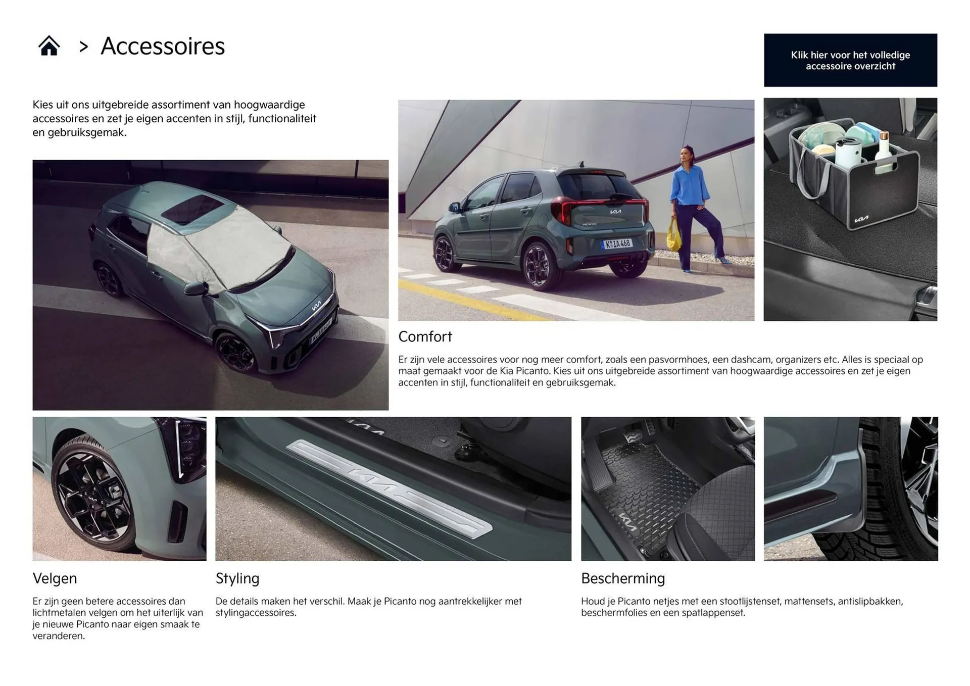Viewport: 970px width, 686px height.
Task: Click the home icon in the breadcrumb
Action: [49, 46]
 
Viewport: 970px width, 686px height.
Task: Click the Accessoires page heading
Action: [162, 46]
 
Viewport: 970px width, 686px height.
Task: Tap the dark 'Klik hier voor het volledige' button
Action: [850, 60]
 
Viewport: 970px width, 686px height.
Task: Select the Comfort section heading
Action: [425, 336]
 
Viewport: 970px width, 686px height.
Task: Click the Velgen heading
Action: [55, 578]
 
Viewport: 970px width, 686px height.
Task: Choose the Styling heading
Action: [237, 578]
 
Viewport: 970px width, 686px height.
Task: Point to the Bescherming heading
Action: [622, 578]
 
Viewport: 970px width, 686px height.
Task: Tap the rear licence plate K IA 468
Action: [616, 244]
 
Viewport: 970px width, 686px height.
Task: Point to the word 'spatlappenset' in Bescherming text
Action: [713, 613]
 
